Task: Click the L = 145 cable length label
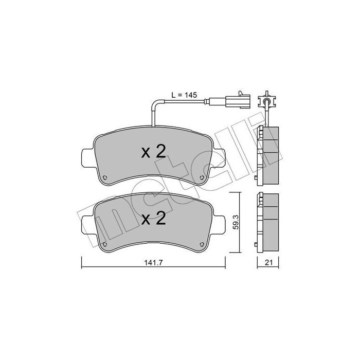pyautogui.click(x=184, y=95)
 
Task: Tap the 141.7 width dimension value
pyautogui.click(x=153, y=262)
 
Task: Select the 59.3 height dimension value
pyautogui.click(x=236, y=222)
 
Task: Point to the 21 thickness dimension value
pyautogui.click(x=268, y=262)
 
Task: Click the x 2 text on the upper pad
pyautogui.click(x=153, y=152)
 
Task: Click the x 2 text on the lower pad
pyautogui.click(x=153, y=219)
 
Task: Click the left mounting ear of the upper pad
pyautogui.click(x=88, y=158)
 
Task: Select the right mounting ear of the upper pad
pyautogui.click(x=219, y=158)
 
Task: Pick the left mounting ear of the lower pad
pyautogui.click(x=88, y=225)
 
